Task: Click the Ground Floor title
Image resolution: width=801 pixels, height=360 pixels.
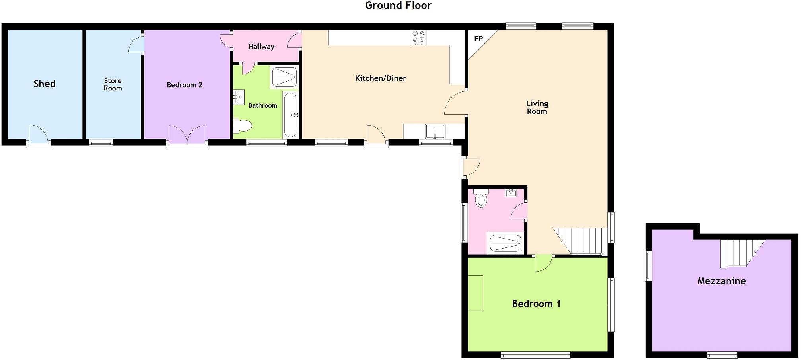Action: click(398, 6)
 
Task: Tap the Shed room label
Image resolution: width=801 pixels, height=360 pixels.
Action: click(45, 84)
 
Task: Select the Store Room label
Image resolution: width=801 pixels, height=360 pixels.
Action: click(113, 84)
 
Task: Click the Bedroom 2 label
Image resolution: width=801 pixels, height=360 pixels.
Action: click(185, 85)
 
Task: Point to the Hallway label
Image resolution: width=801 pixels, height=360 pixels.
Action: click(261, 47)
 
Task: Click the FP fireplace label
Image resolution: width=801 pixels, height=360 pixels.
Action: click(478, 39)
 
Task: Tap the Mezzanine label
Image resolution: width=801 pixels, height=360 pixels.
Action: click(721, 281)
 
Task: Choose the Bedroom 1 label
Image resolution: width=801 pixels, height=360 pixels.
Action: click(536, 304)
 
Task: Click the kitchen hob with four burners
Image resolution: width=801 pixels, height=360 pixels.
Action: click(418, 37)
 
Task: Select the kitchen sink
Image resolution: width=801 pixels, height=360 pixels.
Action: click(435, 131)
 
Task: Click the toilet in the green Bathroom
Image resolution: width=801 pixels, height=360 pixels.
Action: click(243, 126)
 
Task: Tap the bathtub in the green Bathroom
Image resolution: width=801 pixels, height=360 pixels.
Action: click(290, 115)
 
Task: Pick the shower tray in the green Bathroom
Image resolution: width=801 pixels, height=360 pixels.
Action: click(284, 77)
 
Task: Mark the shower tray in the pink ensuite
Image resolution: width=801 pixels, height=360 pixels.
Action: click(505, 243)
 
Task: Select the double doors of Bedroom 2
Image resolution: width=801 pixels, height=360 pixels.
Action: click(187, 135)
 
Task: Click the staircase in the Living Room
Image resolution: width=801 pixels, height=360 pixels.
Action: click(581, 240)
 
